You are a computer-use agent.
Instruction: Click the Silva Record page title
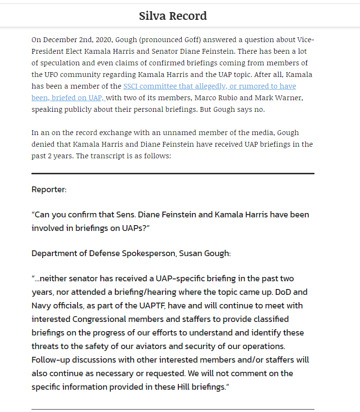(173, 16)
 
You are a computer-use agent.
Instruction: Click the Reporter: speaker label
(49, 189)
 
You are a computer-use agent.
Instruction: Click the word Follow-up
(51, 360)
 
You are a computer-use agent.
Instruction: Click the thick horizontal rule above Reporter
(173, 173)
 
